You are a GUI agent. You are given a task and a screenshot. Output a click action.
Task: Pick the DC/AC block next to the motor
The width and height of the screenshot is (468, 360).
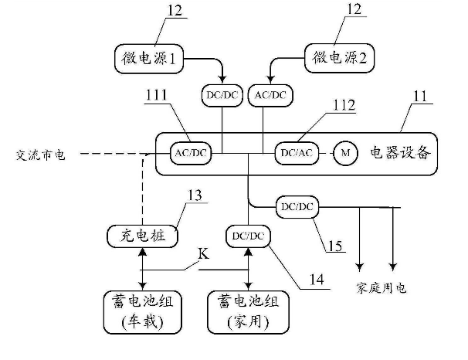[x=296, y=154]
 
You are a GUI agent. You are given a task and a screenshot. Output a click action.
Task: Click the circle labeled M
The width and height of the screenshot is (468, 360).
[x=344, y=154]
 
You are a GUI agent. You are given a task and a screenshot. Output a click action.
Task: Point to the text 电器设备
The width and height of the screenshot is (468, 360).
[x=398, y=153]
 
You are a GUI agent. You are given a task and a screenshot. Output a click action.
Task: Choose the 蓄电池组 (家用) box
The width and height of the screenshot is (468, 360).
[x=247, y=309]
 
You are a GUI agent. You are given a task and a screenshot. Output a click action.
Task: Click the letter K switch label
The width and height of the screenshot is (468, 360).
[x=204, y=253]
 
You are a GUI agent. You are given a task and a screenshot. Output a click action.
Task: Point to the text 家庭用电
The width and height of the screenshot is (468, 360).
[x=381, y=288]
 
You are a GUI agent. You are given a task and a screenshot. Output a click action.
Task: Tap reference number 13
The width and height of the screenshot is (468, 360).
[x=195, y=195]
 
